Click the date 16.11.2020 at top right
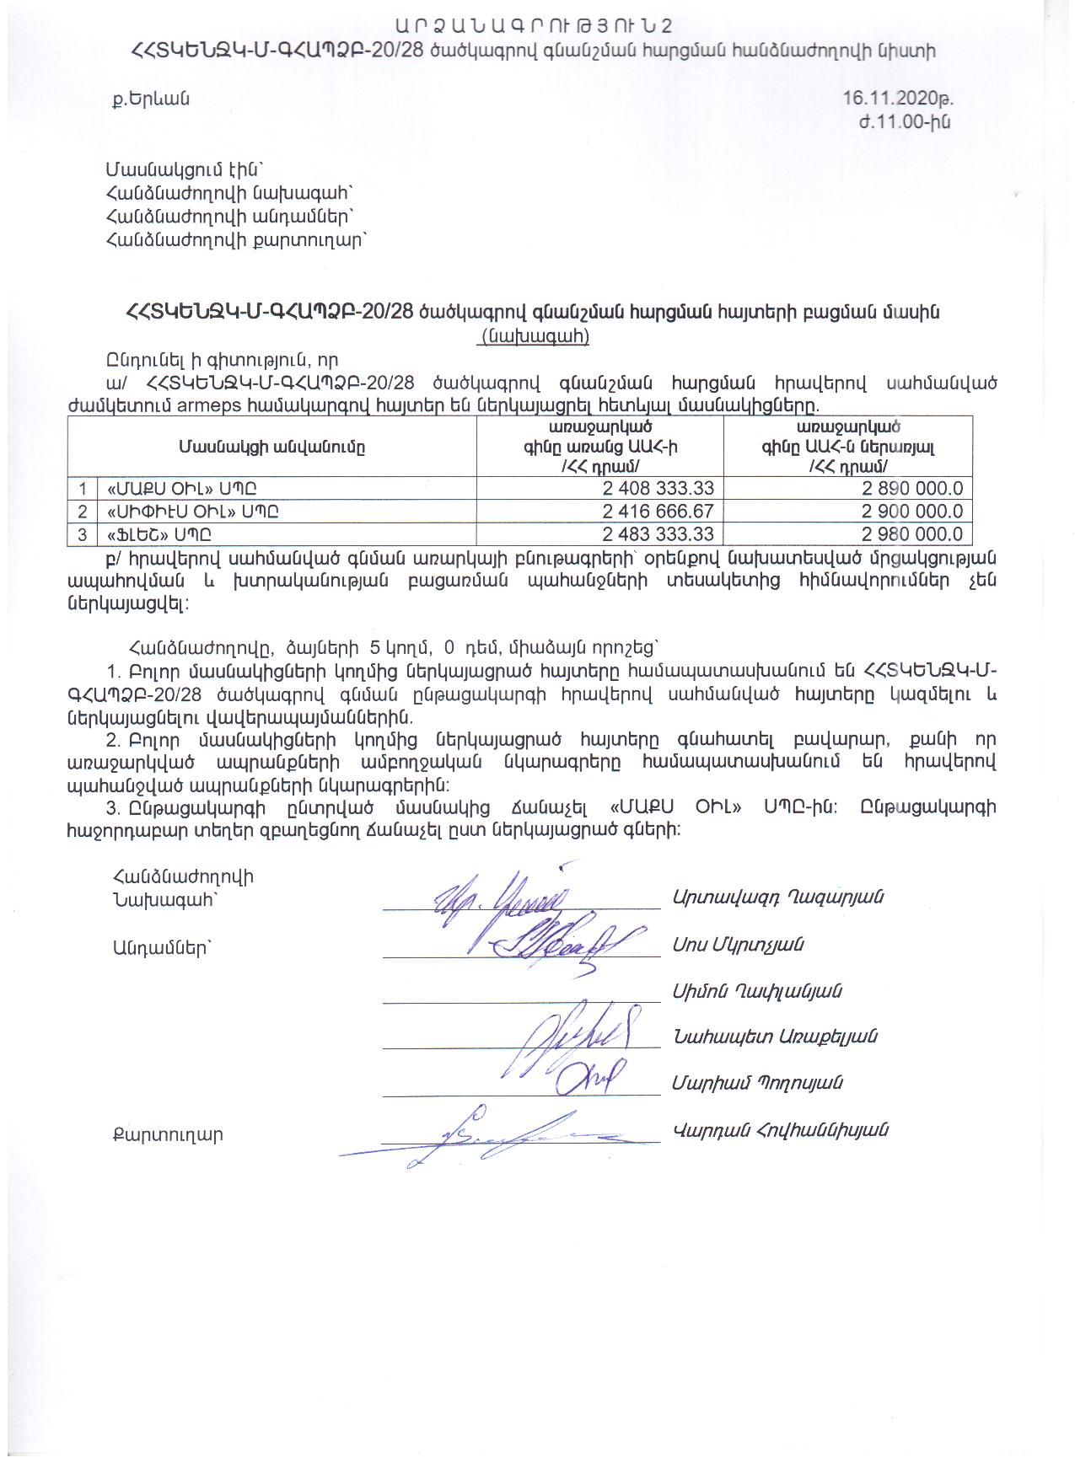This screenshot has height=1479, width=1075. [898, 98]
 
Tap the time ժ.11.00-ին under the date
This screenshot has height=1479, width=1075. [904, 122]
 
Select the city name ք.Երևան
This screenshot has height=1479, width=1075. [152, 99]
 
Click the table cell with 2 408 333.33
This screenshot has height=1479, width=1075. [658, 488]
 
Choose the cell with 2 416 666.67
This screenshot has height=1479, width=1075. [658, 511]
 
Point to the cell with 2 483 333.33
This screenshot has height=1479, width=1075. [658, 533]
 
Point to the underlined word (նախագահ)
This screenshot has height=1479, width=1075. [534, 336]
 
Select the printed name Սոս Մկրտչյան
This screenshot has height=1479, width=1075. [737, 945]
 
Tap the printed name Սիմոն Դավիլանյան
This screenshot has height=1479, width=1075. [756, 991]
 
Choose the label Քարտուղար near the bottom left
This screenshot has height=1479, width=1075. [168, 1134]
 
